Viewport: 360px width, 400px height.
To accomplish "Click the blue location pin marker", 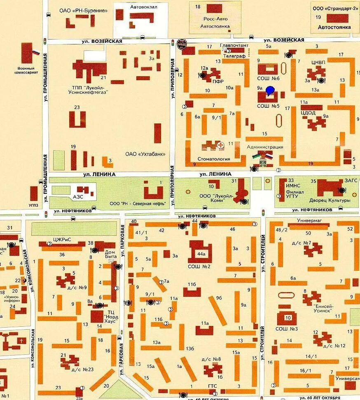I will [x=270, y=91].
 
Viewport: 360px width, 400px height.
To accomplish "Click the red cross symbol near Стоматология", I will [x=221, y=145].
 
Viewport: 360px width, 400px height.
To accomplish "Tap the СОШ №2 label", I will [x=200, y=266].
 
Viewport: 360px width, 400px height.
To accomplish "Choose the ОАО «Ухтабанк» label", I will [x=145, y=154].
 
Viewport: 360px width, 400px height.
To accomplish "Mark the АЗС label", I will [x=78, y=197].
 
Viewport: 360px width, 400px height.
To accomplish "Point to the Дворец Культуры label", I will [x=334, y=200].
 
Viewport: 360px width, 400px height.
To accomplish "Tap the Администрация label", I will [x=265, y=147].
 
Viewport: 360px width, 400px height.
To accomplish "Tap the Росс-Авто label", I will [x=213, y=19].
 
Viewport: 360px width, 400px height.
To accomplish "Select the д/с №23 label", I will [x=82, y=369].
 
